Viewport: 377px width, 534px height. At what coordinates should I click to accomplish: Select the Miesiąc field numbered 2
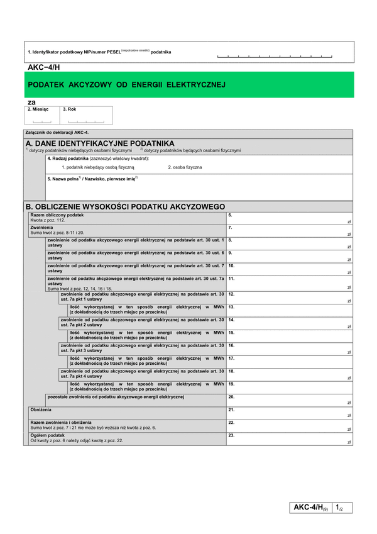[42, 118]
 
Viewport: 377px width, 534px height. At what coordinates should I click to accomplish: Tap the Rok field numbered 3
[87, 118]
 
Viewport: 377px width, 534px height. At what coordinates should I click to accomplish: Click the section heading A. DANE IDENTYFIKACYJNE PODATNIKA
[101, 143]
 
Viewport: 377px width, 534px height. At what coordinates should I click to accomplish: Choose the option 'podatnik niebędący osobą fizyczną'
[98, 168]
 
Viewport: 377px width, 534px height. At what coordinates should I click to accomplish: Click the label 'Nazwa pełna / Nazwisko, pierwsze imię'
[92, 179]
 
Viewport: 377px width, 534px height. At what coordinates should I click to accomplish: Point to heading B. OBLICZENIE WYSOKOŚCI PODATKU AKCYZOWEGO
[125, 206]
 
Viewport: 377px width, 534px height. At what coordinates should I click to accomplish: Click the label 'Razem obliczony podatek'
[57, 215]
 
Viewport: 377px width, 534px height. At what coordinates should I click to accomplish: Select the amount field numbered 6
[289, 219]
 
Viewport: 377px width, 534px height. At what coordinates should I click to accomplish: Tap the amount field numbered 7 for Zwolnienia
[289, 231]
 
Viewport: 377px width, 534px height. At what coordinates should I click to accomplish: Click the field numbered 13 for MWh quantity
[289, 311]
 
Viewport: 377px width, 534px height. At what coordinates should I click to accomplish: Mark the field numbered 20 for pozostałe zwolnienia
[289, 401]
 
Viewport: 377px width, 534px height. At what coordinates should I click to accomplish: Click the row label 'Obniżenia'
[41, 409]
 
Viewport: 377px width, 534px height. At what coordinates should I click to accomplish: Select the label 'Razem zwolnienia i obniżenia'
[61, 422]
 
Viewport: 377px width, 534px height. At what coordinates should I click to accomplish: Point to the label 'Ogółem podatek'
[48, 435]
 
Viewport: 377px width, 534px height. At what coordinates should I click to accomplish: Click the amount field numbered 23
[289, 439]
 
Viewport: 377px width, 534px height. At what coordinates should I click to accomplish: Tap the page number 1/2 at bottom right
[339, 507]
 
